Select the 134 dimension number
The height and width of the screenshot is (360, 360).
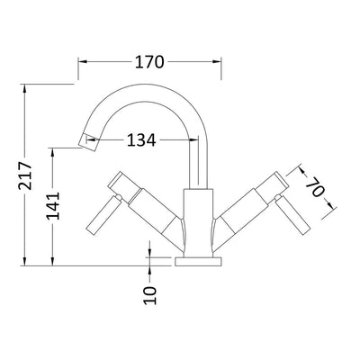[x=140, y=139]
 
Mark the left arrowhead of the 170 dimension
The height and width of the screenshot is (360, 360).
[x=83, y=62]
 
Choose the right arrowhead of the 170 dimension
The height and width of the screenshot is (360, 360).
[x=218, y=62]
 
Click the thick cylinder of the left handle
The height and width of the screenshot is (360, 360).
[x=146, y=211]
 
